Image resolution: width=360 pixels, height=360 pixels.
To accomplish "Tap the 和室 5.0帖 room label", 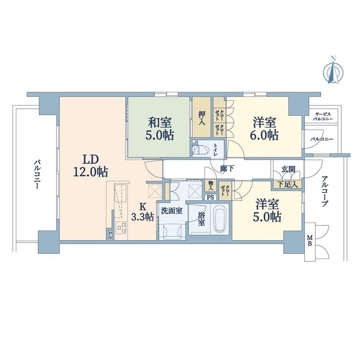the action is pyautogui.click(x=160, y=129).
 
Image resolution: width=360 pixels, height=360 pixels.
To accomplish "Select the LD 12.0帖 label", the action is pyautogui.click(x=90, y=166).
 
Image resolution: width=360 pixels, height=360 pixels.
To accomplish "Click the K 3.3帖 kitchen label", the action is pyautogui.click(x=142, y=212).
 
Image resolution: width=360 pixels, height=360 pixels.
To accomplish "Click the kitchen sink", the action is pyautogui.click(x=120, y=193).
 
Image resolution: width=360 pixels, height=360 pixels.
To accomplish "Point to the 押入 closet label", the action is pyautogui.click(x=202, y=118).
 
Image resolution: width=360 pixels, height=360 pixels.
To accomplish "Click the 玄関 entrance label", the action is pyautogui.click(x=288, y=169).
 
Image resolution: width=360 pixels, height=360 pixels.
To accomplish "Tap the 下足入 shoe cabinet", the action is pyautogui.click(x=287, y=184).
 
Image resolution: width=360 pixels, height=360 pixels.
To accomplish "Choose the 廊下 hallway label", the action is pyautogui.click(x=227, y=169).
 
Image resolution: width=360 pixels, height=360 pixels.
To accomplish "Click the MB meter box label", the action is pyautogui.click(x=310, y=241).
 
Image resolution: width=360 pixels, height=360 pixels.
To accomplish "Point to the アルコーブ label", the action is pyautogui.click(x=325, y=191).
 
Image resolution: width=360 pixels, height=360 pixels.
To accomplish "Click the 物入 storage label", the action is pyautogui.click(x=211, y=186).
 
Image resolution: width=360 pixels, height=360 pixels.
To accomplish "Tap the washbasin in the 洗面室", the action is pyautogui.click(x=173, y=232).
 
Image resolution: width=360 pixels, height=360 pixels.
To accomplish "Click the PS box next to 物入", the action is pyautogui.click(x=211, y=197).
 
